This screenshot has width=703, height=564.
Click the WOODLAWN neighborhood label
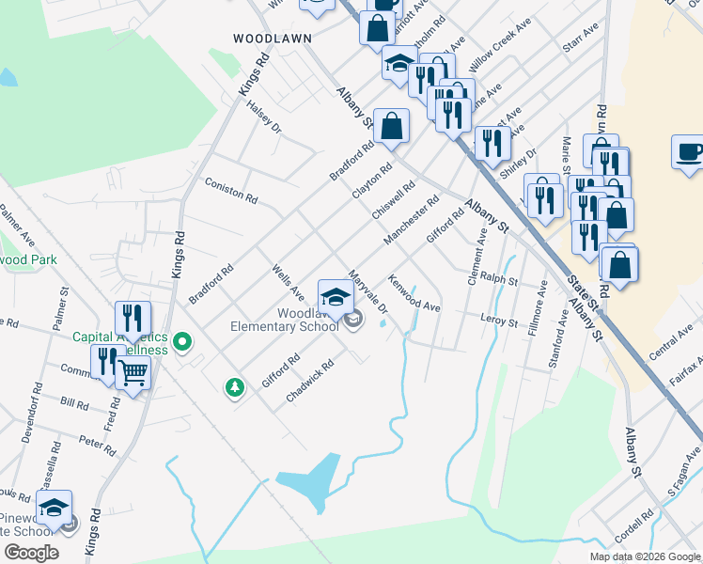[x=272, y=39]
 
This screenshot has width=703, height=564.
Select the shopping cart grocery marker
[x=133, y=373]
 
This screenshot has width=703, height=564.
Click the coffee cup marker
[x=689, y=152]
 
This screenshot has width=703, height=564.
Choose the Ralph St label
[x=499, y=279]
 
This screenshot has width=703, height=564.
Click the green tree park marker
[x=234, y=386]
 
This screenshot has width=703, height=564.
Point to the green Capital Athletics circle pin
[x=184, y=342]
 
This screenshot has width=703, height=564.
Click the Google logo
[x=31, y=553]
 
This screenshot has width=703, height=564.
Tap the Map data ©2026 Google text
[x=645, y=556]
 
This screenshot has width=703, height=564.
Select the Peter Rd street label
[x=97, y=440]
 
